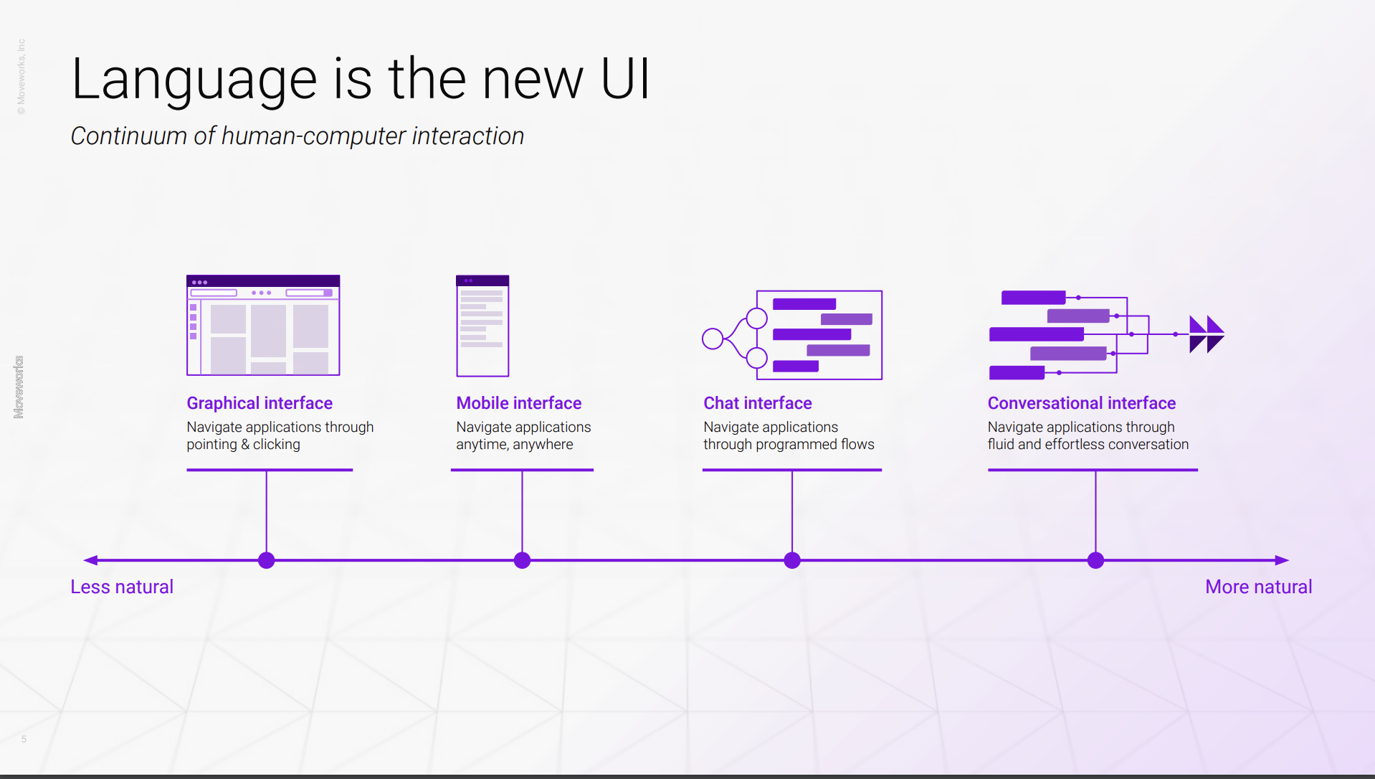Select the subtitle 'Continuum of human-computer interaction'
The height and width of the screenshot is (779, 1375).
pos(297,136)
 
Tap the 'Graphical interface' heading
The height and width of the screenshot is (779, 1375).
pos(260,403)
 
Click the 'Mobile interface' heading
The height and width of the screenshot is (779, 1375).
pos(519,403)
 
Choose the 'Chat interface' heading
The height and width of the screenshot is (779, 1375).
pos(758,403)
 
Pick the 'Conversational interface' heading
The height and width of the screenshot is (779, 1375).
pos(1082,403)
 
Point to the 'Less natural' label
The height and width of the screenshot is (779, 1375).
pos(122,587)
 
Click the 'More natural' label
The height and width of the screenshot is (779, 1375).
pos(1259,587)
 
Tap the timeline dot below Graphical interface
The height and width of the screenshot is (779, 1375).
pos(267,560)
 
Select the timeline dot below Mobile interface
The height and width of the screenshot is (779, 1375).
pos(523,560)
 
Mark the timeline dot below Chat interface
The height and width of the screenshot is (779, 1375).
pos(792,560)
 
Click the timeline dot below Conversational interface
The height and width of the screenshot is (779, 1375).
pos(1096,560)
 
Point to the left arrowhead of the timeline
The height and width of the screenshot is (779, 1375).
pos(90,560)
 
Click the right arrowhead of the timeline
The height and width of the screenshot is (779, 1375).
pos(1283,560)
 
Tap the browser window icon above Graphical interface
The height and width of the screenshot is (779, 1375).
pos(263,325)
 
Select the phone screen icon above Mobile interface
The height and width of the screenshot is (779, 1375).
pos(482,326)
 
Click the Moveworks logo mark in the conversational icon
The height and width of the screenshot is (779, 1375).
pos(1207,334)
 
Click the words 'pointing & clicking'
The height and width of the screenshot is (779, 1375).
pos(244,445)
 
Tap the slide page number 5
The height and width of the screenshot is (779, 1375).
pos(24,739)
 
